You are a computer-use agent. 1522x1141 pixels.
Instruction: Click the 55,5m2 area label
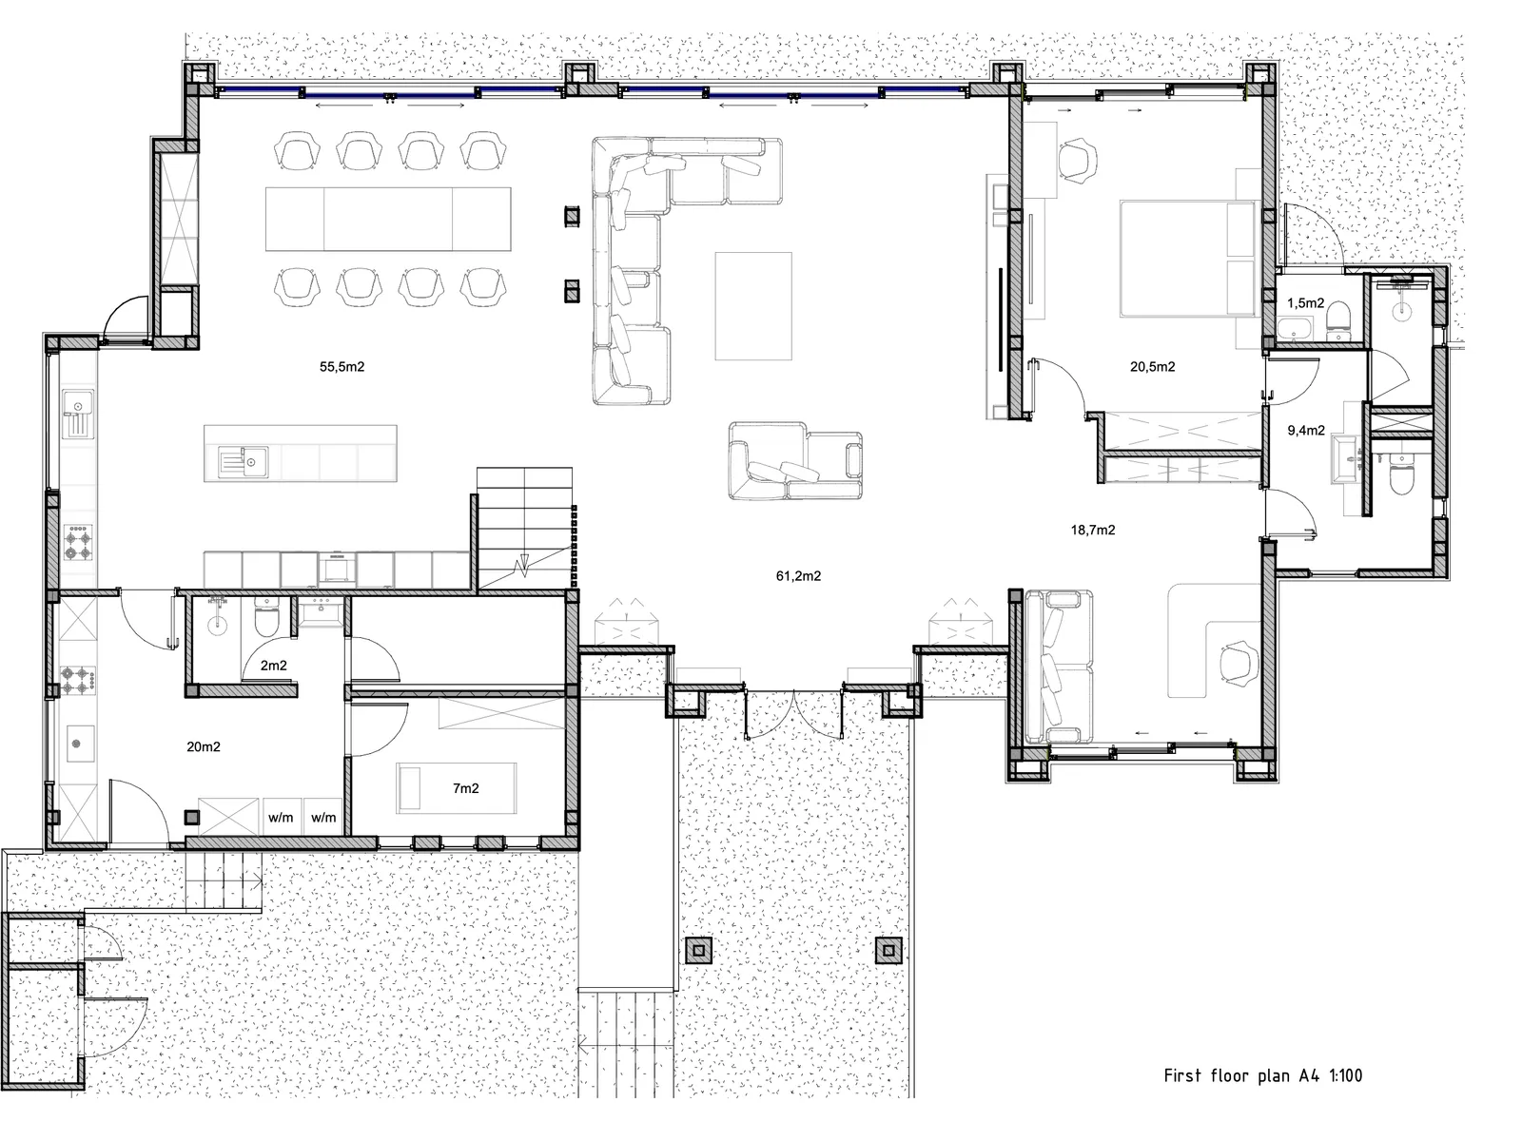pyautogui.click(x=341, y=366)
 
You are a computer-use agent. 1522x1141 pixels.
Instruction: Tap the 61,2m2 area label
pyautogui.click(x=798, y=575)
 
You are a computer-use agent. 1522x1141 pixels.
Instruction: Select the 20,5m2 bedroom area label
pyautogui.click(x=1152, y=366)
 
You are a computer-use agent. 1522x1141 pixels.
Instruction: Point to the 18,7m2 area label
pyautogui.click(x=1093, y=530)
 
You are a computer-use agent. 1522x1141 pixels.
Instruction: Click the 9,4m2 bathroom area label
pyautogui.click(x=1306, y=430)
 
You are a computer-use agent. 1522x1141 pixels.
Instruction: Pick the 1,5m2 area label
pyautogui.click(x=1306, y=302)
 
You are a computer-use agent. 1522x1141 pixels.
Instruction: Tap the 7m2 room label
pyautogui.click(x=466, y=787)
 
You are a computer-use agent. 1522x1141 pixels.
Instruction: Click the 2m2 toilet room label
pyautogui.click(x=274, y=665)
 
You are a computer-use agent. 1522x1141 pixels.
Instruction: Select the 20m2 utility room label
pyautogui.click(x=204, y=746)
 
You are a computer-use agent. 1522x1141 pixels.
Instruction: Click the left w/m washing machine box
pyautogui.click(x=282, y=818)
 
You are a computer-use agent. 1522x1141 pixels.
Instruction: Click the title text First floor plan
pyautogui.click(x=1226, y=1076)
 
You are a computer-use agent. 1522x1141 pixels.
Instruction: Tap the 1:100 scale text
pyautogui.click(x=1346, y=1076)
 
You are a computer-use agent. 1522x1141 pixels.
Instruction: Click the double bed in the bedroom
pyautogui.click(x=1188, y=259)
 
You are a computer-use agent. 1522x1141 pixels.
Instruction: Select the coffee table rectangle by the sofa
pyautogui.click(x=753, y=305)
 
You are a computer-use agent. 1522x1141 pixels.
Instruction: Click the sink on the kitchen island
pyautogui.click(x=244, y=462)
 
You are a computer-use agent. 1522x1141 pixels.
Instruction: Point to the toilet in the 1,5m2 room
pyautogui.click(x=1337, y=322)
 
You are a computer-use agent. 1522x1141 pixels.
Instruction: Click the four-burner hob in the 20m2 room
pyautogui.click(x=78, y=680)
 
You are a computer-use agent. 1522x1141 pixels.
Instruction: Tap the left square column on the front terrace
pyautogui.click(x=698, y=951)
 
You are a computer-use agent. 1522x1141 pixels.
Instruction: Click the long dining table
pyautogui.click(x=388, y=219)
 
